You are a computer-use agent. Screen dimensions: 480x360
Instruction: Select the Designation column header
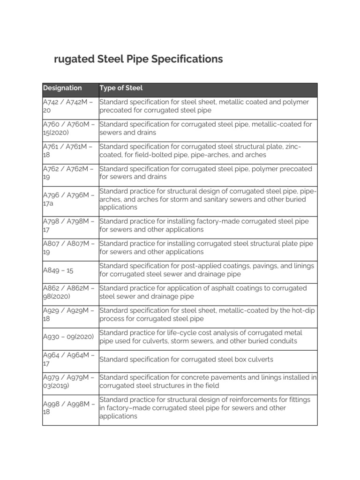pyautogui.click(x=62, y=88)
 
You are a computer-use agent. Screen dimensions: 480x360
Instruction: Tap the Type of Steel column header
pyautogui.click(x=121, y=88)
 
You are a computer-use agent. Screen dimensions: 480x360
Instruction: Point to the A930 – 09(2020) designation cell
pyautogui.click(x=68, y=337)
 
